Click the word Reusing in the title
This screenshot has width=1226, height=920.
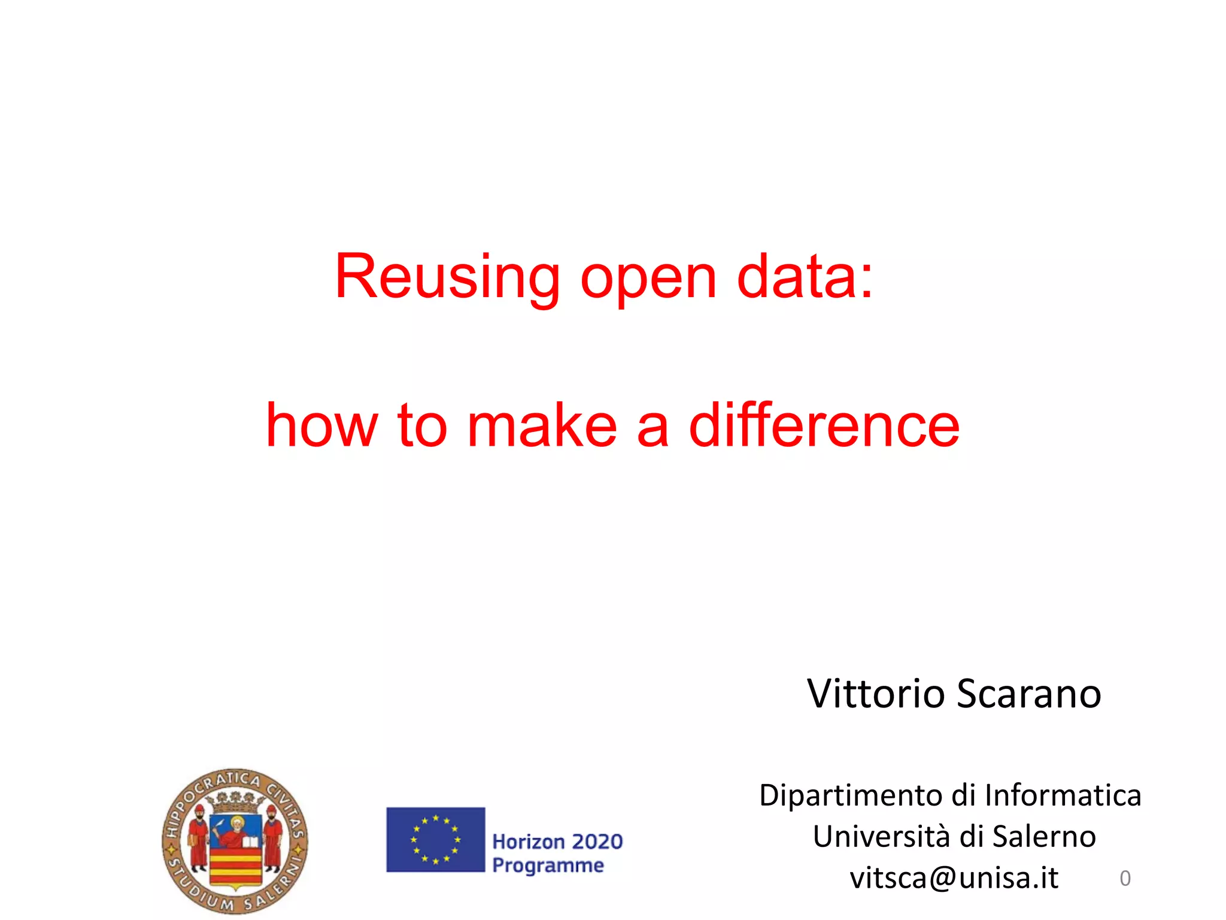pos(447,277)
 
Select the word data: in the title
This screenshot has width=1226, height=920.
pos(805,277)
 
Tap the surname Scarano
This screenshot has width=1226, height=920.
pos(1029,694)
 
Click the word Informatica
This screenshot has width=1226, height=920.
pos(1063,795)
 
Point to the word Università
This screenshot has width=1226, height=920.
pos(881,836)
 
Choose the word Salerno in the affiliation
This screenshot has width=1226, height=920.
pos(1044,836)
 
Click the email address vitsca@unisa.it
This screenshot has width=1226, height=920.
pos(954,878)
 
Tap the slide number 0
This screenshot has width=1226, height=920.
pos(1125,879)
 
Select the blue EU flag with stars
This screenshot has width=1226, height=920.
pos(435,839)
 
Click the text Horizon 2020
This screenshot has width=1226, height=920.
pos(557,842)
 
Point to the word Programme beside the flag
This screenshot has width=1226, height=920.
pos(548,865)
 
